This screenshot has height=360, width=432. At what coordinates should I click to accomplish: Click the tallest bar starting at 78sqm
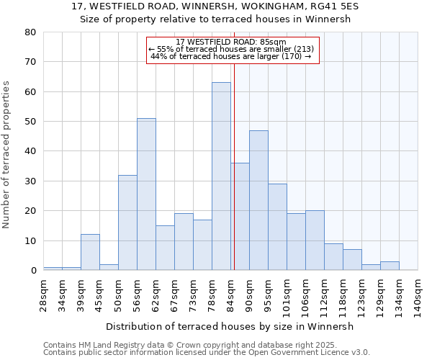(x=221, y=176)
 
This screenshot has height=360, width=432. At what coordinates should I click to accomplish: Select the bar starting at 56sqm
(x=146, y=194)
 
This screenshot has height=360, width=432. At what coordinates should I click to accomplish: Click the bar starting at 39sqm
(x=90, y=252)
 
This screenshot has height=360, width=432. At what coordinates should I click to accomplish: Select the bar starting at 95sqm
(x=277, y=227)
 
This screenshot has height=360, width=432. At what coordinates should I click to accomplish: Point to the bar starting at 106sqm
(x=315, y=240)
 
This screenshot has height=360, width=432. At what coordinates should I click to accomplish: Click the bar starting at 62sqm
(x=165, y=248)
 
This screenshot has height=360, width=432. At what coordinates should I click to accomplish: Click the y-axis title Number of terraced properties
(x=7, y=155)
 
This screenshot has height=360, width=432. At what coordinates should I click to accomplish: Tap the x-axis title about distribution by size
(x=235, y=326)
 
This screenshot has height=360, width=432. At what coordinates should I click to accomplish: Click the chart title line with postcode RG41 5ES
(x=220, y=6)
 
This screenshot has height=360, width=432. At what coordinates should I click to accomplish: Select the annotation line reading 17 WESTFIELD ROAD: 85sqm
(x=231, y=42)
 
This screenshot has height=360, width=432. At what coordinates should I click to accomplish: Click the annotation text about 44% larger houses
(x=231, y=56)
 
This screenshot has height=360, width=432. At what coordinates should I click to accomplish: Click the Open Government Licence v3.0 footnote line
(x=207, y=353)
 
